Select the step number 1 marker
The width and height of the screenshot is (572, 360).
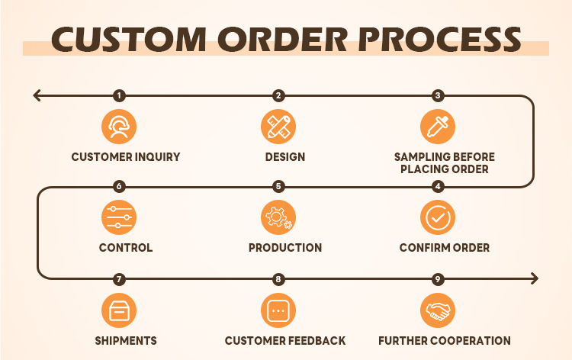coord(119,95)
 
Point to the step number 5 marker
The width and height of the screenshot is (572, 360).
coord(278,187)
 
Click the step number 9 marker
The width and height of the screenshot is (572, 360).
coord(438,279)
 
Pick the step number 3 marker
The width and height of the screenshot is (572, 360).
coord(438,95)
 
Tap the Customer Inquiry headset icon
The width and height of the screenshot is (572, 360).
coord(119,126)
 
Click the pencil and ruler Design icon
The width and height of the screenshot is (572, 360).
coord(278,126)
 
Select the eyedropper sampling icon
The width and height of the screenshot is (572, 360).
coord(438,126)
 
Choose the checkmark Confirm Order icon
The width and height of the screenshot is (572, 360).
coord(438,217)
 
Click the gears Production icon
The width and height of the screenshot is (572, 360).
coord(278,217)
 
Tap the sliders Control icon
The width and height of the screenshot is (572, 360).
coord(119,217)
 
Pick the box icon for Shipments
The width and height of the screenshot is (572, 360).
coord(119,310)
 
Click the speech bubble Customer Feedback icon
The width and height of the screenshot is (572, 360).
coord(278,310)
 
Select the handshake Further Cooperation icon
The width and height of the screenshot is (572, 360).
coord(438,310)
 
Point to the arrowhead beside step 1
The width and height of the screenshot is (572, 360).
coord(37,95)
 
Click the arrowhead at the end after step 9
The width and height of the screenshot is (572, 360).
coord(535,278)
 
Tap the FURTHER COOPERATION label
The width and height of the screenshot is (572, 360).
coord(445,341)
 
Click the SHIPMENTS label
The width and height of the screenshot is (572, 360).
coord(126,341)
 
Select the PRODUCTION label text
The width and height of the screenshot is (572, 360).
coord(285,248)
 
